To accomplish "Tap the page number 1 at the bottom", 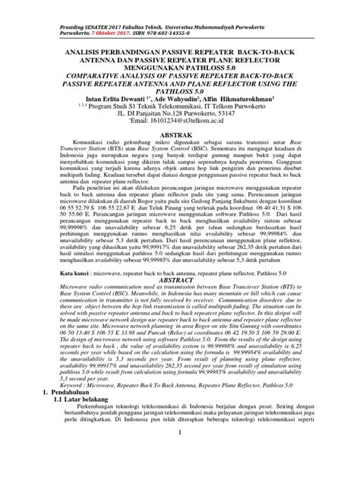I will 180,454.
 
